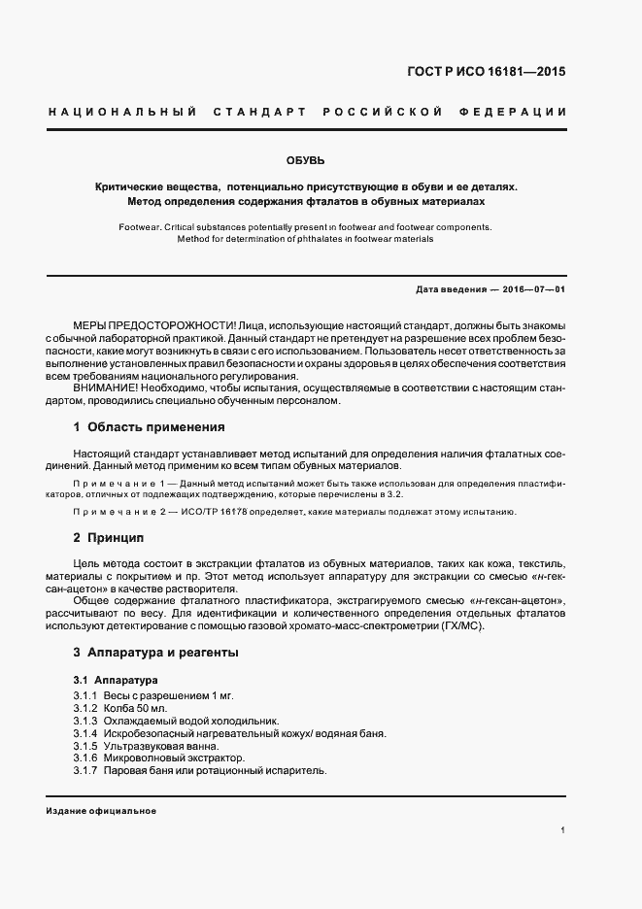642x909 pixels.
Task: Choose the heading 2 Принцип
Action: (109, 537)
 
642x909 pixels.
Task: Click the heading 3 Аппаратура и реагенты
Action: (155, 653)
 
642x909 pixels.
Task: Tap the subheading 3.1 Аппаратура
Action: (115, 679)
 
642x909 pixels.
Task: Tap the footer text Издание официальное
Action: (101, 811)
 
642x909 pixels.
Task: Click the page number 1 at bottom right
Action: (563, 830)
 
